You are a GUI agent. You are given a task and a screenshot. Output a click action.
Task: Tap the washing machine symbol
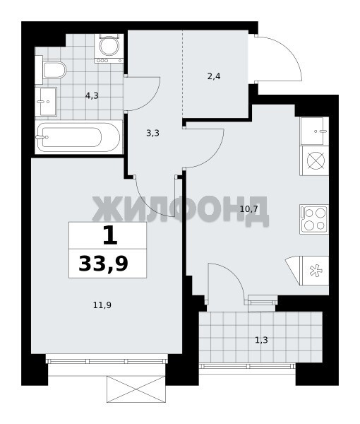pos(109,48)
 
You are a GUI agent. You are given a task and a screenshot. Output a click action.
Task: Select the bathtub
pos(78,137)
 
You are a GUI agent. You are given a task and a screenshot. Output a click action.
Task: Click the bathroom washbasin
pos(46,102)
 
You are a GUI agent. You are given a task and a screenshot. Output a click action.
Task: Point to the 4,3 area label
pos(92,95)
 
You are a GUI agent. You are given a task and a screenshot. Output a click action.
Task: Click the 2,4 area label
pos(214,76)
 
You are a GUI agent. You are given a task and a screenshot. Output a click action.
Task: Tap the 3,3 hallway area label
pos(152,133)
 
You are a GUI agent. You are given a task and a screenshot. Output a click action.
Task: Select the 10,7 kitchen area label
pos(249,208)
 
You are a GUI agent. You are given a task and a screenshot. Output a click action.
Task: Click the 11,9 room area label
pos(102,305)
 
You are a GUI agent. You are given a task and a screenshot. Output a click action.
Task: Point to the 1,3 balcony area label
pos(261,340)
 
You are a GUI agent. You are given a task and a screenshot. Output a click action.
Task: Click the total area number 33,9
pos(103,264)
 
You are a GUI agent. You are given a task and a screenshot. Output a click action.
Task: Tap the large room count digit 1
pos(110,235)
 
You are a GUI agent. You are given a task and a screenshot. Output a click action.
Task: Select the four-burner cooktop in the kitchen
pos(314,219)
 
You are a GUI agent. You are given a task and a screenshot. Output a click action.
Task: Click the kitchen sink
pos(314,131)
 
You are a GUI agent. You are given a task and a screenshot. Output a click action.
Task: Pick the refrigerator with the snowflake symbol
pos(314,271)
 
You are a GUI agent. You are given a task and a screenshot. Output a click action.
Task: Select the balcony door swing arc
pos(232,274)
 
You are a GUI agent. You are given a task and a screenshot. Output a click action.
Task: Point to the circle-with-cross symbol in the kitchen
pos(314,161)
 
